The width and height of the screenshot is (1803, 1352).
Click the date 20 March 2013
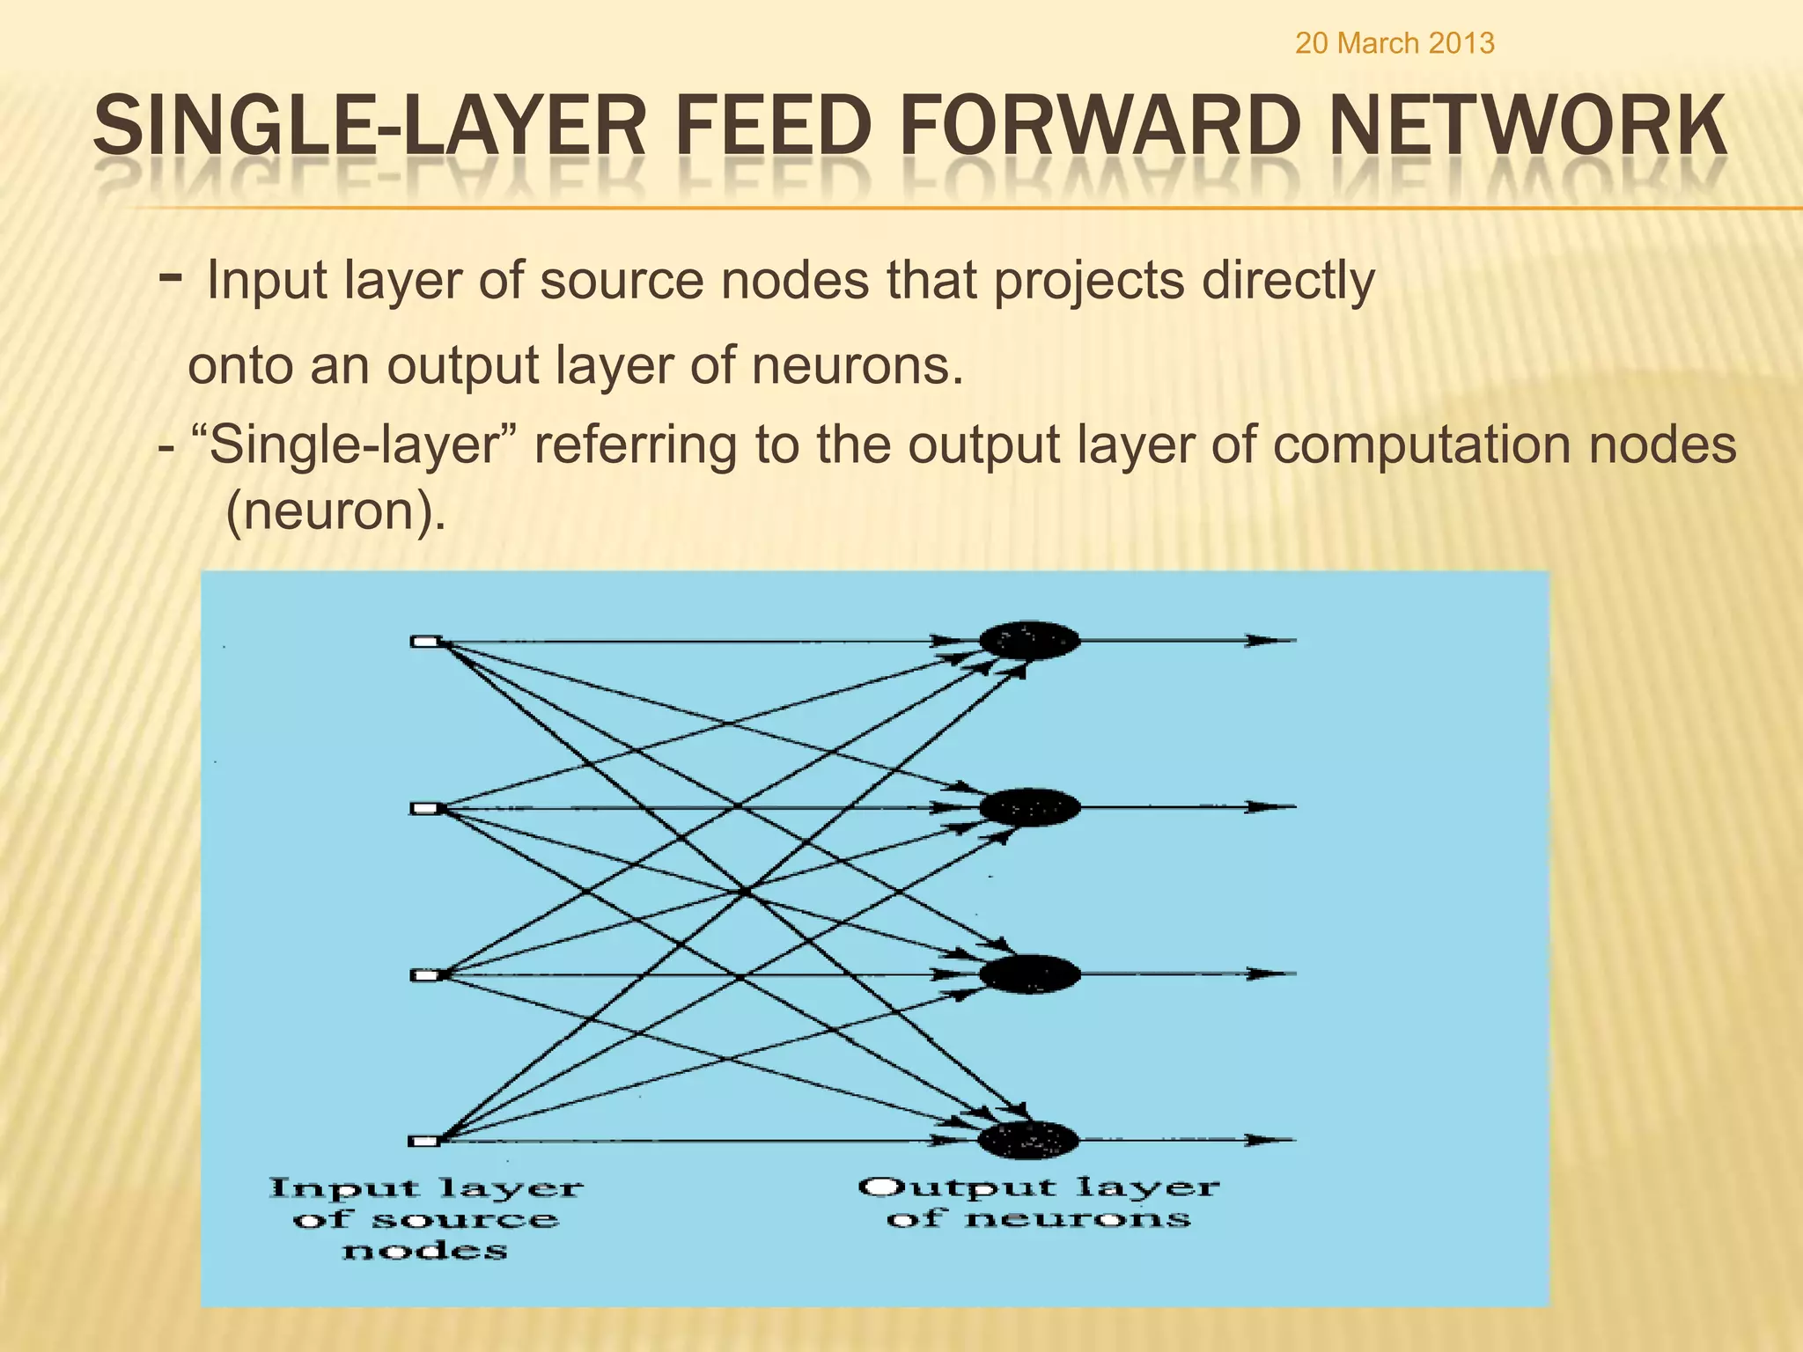[x=1395, y=43]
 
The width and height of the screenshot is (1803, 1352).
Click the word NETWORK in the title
[x=1527, y=128]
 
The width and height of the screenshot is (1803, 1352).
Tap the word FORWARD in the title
[x=1107, y=128]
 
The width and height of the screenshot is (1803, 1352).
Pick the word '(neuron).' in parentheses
[x=335, y=511]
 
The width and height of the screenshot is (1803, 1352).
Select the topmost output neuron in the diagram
[x=1029, y=641]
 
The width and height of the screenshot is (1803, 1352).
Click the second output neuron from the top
[x=1029, y=807]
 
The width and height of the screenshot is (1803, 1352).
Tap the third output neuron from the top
[x=1029, y=974]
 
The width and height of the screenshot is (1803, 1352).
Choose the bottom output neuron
[x=1028, y=1141]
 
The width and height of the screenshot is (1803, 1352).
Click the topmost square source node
[x=425, y=642]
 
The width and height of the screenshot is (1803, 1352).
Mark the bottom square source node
[x=425, y=1142]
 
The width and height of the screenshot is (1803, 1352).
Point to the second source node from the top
[x=425, y=808]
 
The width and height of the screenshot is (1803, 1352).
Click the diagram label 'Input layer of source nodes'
[x=426, y=1219]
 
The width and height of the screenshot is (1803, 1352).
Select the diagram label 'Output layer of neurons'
[x=1039, y=1202]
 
